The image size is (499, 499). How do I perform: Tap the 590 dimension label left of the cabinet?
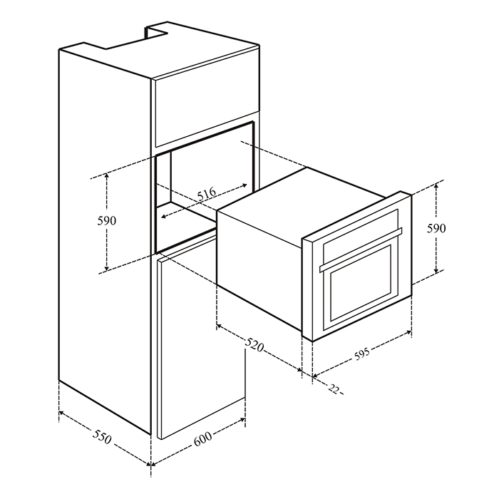(107, 220)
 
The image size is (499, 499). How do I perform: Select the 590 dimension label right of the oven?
(436, 228)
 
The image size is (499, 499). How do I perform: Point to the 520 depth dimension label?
(254, 346)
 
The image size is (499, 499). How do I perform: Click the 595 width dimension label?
(362, 354)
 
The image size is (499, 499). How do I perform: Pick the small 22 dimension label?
(334, 389)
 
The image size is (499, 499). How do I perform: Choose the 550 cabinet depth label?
(102, 436)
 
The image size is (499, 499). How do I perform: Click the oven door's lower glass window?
(361, 283)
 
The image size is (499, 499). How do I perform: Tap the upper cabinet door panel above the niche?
(207, 113)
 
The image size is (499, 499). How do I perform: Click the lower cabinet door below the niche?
(202, 338)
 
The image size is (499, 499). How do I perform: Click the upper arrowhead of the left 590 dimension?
(107, 175)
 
